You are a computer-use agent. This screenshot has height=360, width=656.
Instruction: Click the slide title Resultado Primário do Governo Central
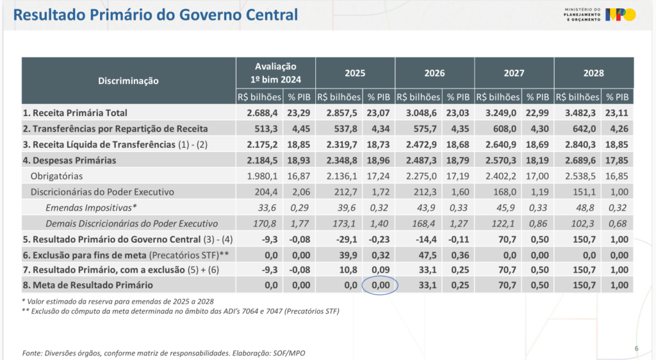[156, 15]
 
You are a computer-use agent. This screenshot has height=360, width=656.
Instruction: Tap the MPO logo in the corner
[621, 14]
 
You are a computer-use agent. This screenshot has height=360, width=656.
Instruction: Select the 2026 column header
[434, 73]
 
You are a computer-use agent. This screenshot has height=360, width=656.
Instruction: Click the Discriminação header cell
[128, 81]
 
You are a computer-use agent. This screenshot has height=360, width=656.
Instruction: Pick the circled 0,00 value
[380, 285]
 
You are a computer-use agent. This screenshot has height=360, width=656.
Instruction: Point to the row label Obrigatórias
[57, 176]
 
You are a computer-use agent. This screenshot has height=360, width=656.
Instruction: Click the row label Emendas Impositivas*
[91, 208]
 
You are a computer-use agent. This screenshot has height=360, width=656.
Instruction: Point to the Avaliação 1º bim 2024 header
[275, 73]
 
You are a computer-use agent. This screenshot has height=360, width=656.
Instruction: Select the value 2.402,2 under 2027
[504, 176]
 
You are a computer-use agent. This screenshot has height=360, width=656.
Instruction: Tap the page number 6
[636, 348]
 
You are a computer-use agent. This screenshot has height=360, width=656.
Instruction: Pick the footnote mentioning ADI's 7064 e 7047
[180, 311]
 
